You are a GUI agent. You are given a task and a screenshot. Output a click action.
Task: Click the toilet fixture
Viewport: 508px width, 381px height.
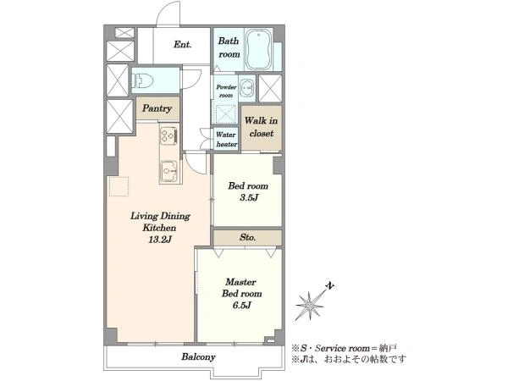point(142,80)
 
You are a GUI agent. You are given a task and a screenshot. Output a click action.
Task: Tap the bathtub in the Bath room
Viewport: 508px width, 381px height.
point(258,50)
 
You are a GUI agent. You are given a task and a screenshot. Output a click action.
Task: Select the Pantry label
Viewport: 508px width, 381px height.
point(157,108)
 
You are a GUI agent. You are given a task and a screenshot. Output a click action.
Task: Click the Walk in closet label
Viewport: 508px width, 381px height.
point(261,127)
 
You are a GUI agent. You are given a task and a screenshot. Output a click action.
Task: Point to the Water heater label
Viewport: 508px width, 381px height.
point(226,140)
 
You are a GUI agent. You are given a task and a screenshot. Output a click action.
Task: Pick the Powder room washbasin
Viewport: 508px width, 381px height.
point(248,87)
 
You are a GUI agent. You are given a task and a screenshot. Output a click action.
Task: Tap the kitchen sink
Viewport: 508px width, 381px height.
point(169,171)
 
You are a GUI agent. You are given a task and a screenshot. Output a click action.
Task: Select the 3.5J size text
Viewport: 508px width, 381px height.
point(249,197)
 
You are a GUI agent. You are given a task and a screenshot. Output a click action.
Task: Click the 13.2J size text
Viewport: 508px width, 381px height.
point(160,240)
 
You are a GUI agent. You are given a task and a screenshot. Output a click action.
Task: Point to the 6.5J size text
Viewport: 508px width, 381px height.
point(241,305)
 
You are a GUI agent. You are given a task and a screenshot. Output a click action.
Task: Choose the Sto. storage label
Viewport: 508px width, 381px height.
point(248,237)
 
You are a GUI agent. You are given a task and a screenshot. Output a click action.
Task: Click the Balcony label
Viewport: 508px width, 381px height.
point(198,357)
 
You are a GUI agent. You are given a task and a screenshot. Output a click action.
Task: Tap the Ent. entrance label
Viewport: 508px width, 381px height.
point(182,44)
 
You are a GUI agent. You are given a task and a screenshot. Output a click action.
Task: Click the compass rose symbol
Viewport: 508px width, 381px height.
point(309,306)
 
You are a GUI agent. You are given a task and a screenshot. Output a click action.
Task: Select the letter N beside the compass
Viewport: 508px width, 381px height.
point(330,286)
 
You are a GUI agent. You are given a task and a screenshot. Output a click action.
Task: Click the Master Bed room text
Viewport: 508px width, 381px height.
point(241,288)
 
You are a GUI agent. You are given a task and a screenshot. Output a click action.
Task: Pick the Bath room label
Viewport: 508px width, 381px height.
point(229,47)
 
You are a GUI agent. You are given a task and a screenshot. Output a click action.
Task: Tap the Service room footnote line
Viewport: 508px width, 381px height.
point(344,348)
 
